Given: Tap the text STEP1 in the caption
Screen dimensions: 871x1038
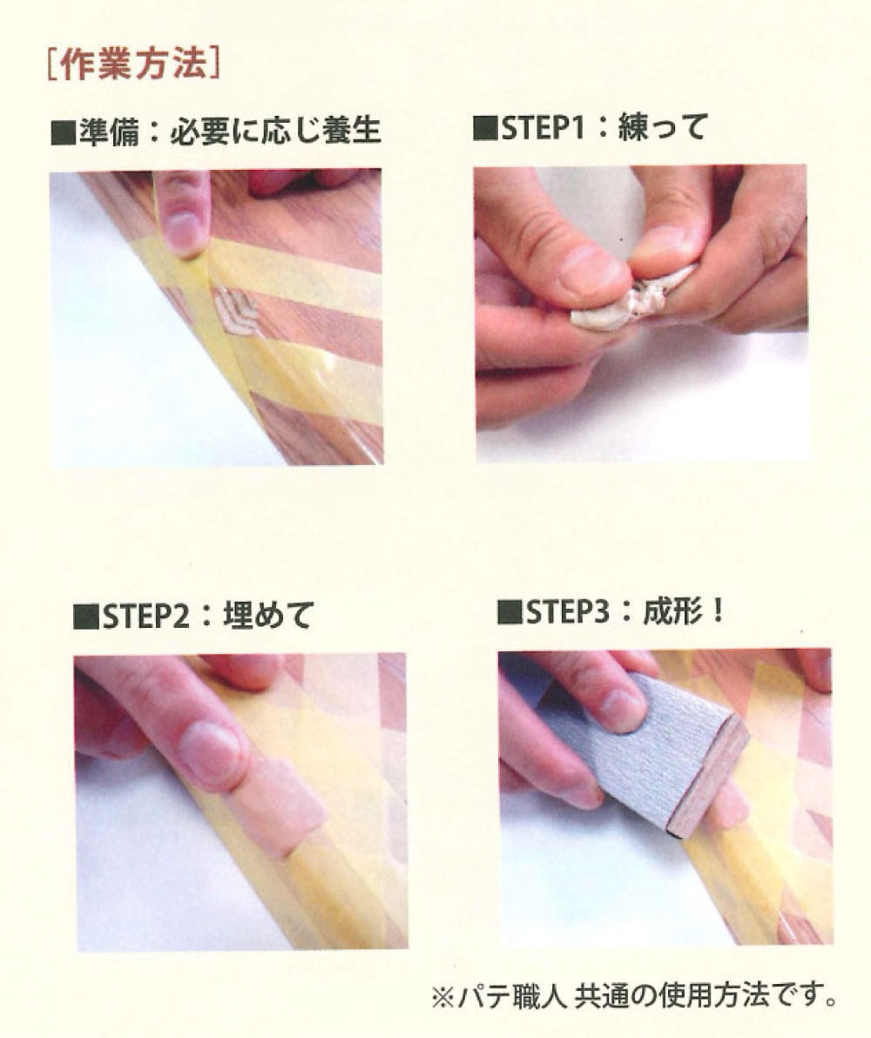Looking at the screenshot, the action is [x=544, y=128].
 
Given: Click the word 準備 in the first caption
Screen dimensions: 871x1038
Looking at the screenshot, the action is [x=109, y=131].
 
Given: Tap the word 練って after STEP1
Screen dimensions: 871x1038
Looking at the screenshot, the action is [x=663, y=127].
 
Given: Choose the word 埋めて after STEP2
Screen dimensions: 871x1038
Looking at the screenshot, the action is [x=267, y=616].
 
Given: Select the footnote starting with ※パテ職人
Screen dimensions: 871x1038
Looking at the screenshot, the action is [x=633, y=995].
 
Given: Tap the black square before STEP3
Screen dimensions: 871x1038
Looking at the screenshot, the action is [x=510, y=613].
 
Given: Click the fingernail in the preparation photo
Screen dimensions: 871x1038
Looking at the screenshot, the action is [x=180, y=229].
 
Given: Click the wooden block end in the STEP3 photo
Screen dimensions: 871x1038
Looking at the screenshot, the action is [x=709, y=777].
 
